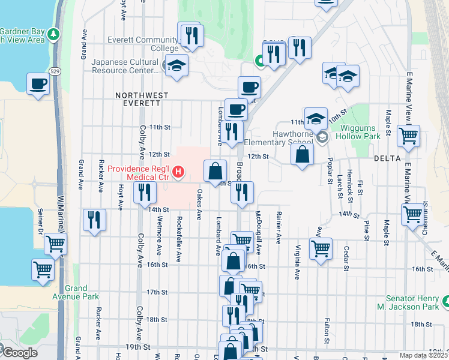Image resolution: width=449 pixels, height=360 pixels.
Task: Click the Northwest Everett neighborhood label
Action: tap(142, 99)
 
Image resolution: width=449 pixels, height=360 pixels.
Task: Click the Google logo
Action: tap(19, 353)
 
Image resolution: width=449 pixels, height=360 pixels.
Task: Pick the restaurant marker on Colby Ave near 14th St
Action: tap(144, 192)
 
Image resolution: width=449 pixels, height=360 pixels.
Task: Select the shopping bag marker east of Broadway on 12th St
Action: tap(303, 155)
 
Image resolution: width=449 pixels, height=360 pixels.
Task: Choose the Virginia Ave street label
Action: tap(297, 262)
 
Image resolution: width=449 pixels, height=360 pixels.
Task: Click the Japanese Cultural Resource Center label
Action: tap(124, 66)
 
